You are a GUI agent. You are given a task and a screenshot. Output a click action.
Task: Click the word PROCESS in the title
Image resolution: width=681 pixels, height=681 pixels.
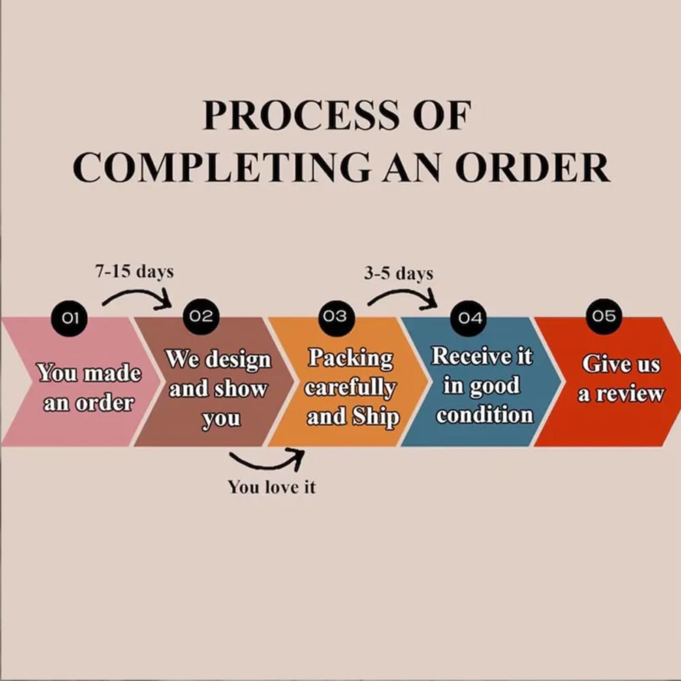pyautogui.click(x=300, y=115)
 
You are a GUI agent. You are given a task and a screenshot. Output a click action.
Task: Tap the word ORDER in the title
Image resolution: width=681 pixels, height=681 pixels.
pyautogui.click(x=533, y=168)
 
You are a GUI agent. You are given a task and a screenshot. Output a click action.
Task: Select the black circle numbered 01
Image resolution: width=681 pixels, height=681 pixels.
pyautogui.click(x=69, y=318)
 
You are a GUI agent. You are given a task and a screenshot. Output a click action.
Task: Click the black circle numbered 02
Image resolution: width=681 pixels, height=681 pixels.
pyautogui.click(x=201, y=316)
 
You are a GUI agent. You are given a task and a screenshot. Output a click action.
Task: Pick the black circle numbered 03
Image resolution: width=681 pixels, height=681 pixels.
pyautogui.click(x=336, y=317)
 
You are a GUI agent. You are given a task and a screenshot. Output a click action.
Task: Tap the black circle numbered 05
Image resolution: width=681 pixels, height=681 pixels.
pyautogui.click(x=603, y=316)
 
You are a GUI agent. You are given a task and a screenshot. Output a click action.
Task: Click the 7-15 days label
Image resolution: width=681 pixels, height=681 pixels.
pyautogui.click(x=134, y=272)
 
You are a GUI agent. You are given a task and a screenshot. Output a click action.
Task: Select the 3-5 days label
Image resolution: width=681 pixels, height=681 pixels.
pyautogui.click(x=398, y=273)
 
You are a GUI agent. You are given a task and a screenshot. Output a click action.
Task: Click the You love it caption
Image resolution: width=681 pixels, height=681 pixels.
pyautogui.click(x=272, y=487)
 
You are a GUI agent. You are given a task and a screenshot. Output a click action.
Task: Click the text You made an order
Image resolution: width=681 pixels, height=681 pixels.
pyautogui.click(x=89, y=387)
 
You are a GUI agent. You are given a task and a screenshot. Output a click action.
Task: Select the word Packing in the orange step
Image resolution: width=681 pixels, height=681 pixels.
pyautogui.click(x=351, y=359)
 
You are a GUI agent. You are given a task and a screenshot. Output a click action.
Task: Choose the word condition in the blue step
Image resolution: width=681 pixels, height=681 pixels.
pyautogui.click(x=485, y=415)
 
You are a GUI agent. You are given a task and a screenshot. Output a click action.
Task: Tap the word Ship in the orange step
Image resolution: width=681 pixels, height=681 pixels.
pyautogui.click(x=376, y=417)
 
